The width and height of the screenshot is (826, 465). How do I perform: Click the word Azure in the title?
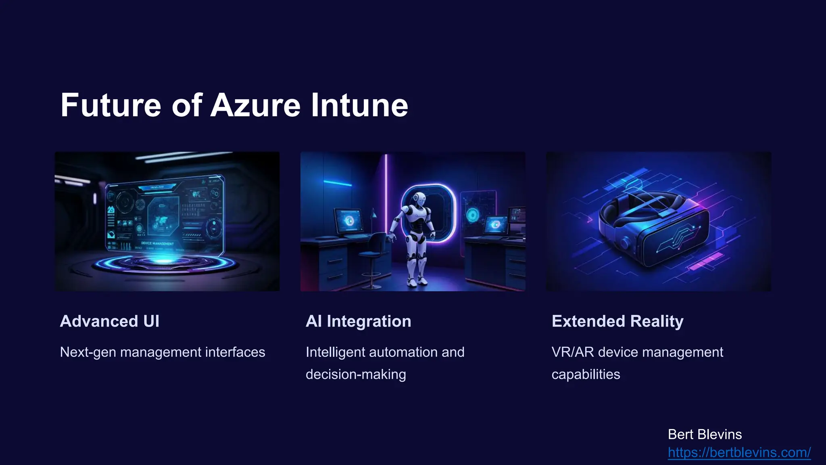255,106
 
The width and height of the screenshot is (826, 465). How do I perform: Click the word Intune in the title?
359,106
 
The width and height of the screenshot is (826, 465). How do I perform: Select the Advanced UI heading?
110,321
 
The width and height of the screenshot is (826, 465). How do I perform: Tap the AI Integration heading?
358,321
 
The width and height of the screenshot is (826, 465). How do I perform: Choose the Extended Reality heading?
617,321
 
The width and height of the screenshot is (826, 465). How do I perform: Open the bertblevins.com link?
739,452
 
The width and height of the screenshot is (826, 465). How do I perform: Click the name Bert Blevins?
705,434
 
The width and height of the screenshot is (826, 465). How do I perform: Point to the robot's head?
419,198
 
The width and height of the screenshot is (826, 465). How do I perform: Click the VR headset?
653,226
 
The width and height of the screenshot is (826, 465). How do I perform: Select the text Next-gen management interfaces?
163,352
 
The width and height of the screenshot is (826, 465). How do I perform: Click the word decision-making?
356,374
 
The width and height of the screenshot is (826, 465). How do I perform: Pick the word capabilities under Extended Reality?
586,374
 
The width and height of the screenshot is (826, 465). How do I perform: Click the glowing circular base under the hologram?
163,263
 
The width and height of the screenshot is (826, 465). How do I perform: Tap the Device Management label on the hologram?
157,243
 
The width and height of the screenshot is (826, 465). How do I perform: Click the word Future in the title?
111,106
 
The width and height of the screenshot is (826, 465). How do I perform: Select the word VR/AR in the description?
573,352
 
